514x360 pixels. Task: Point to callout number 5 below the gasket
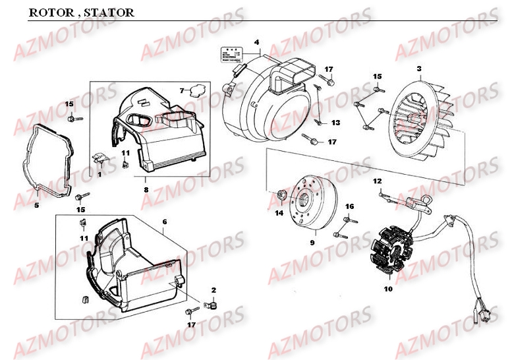point(36,205)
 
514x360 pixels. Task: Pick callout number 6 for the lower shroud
point(164,222)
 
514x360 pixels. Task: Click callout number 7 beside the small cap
point(183,90)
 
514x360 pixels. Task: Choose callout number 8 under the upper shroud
point(146,189)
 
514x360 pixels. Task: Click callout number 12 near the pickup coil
point(377,181)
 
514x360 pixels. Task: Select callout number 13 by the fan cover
point(335,123)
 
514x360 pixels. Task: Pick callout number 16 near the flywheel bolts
point(349,206)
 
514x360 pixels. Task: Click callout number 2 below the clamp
point(213,291)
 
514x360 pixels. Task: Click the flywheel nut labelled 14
point(281,195)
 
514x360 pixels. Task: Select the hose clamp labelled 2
point(212,305)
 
